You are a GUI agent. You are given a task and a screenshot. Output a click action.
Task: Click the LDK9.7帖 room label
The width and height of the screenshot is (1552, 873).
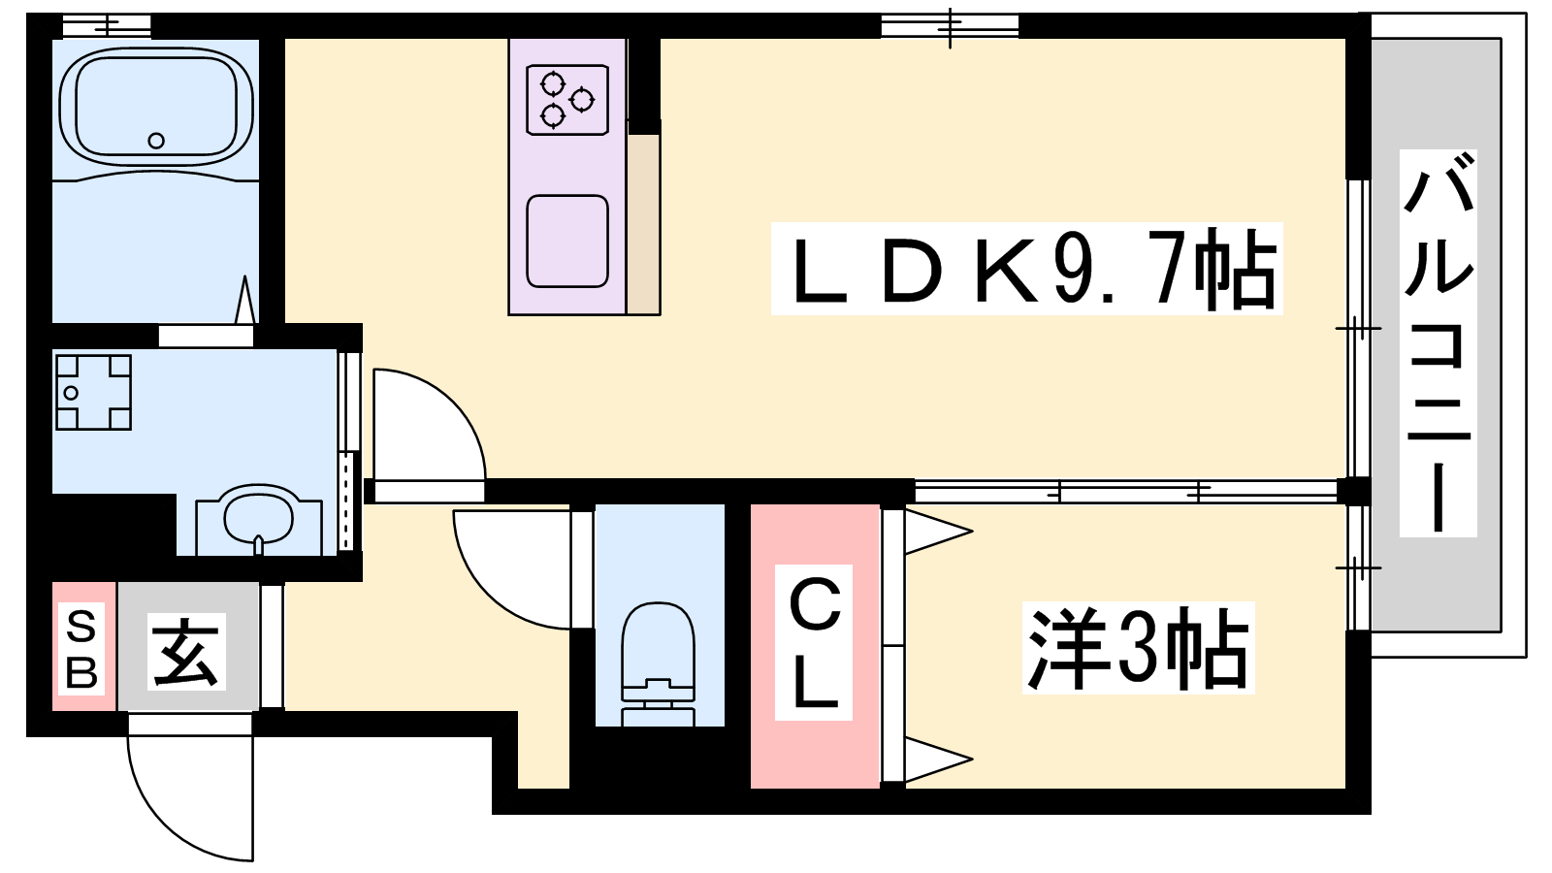pos(1027,269)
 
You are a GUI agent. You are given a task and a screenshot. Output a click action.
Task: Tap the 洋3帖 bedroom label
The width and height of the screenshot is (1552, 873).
pos(1139,648)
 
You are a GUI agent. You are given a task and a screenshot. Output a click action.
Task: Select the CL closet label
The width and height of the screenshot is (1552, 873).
pos(814,642)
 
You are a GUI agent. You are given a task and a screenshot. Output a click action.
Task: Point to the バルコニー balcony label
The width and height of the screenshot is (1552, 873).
pos(1438,343)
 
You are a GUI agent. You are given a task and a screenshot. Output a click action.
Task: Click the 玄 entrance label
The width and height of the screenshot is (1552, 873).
pos(186,651)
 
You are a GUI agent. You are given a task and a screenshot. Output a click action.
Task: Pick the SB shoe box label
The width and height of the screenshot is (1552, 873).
pos(81,647)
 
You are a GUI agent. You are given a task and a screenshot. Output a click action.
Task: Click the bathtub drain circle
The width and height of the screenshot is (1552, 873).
pos(156,141)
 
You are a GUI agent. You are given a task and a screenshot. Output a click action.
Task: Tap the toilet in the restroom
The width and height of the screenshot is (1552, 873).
pos(658,663)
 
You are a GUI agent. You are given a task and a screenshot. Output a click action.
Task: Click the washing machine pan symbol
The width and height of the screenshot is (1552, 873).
pos(93,392)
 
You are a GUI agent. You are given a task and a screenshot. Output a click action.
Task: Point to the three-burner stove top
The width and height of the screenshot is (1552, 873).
pos(567,99)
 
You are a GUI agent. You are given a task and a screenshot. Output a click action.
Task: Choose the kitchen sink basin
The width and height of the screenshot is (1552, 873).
pos(567,242)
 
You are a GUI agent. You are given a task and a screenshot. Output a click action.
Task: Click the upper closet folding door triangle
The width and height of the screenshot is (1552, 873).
pos(938,533)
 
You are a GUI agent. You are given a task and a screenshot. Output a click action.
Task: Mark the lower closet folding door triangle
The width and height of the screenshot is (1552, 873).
pos(938,760)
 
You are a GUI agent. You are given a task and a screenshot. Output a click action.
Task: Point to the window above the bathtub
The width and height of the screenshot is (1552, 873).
pos(107,26)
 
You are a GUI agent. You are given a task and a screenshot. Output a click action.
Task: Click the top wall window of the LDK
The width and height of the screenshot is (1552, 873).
pos(950,27)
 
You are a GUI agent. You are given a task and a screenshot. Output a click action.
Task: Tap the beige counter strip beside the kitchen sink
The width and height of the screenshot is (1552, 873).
pos(644,224)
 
